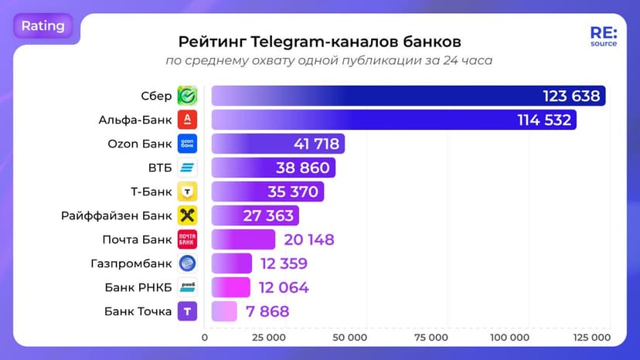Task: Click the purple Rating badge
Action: pos(43,26)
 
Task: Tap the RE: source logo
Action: pos(603,38)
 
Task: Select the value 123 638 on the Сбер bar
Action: pos(571,96)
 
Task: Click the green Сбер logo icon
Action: pos(187,96)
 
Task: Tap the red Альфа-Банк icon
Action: pos(187,120)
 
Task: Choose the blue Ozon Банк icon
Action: pos(187,144)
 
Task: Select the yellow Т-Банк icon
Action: pos(187,192)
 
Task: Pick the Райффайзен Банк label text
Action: pos(117,216)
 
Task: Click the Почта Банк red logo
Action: pos(187,239)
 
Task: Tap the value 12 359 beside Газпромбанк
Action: pos(284,263)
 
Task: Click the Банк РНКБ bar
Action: pos(230,287)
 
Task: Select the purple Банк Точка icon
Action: pos(187,311)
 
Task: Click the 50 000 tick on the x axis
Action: pos(349,338)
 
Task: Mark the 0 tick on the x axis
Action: pos(205,338)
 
